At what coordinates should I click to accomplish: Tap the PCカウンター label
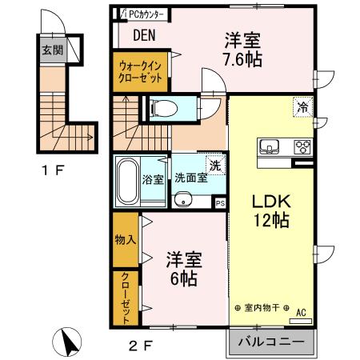145,14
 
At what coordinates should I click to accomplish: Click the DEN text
145,35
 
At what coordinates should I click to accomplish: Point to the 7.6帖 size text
243,58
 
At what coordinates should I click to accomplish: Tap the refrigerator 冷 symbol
303,106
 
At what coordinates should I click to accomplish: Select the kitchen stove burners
303,146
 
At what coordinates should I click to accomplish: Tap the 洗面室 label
191,178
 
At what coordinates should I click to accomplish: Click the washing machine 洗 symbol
214,166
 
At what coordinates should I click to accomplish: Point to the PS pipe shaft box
220,202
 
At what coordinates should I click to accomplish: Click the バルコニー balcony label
270,342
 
